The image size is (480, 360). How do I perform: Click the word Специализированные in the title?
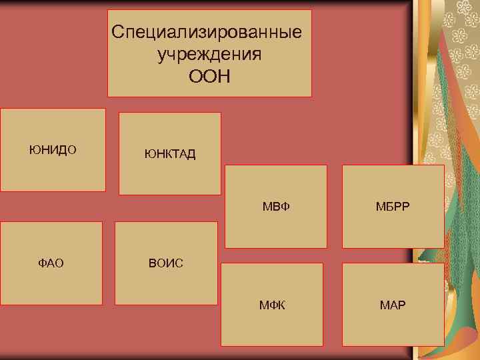tap(206, 32)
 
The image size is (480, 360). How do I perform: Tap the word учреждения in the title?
tap(209, 54)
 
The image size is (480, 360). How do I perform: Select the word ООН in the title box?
tap(209, 77)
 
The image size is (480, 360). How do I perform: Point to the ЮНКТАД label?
tap(170, 155)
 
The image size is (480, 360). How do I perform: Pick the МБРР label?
tap(393, 208)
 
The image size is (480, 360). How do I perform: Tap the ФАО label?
tap(51, 263)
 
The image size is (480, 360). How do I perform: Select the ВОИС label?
tap(166, 263)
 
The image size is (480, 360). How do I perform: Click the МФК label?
tap(272, 306)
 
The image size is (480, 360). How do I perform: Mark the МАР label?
tap(393, 306)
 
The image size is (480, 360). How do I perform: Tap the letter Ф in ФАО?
tap(42, 263)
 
